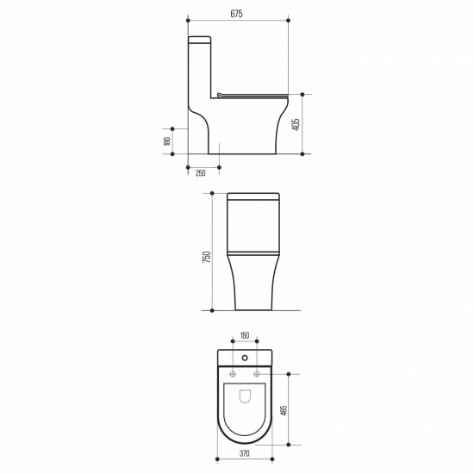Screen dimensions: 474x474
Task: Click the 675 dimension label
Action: (236, 14)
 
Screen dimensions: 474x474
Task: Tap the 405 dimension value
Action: (296, 124)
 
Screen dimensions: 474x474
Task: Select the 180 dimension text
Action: (167, 141)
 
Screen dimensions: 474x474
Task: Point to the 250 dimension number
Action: (201, 173)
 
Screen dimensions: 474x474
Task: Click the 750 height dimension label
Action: (207, 257)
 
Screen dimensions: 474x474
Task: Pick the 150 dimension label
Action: (245, 335)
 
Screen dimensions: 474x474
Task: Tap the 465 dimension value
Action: (284, 409)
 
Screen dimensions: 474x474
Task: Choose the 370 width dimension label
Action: (245, 453)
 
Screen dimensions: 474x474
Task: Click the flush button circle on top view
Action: (245, 359)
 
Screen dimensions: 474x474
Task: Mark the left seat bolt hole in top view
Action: (233, 374)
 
